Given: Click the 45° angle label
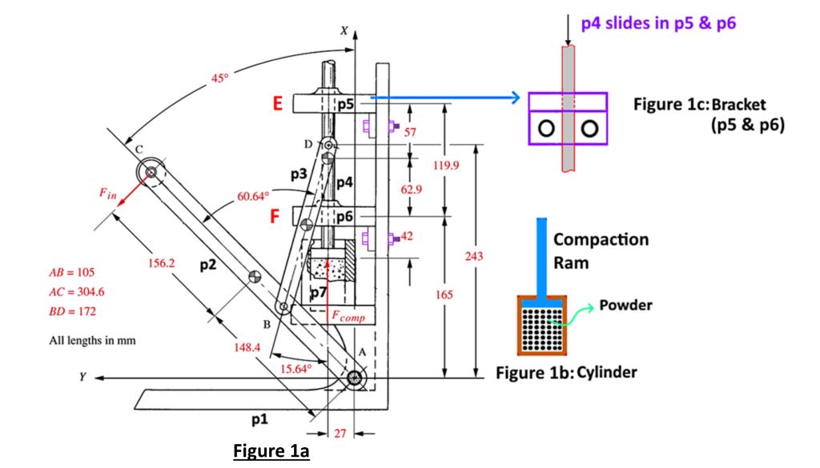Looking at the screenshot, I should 219,78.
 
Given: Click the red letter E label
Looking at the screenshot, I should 278,104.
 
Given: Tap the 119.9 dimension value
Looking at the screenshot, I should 446,165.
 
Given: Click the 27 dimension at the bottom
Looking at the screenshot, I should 340,434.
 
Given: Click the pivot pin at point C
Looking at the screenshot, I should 149,170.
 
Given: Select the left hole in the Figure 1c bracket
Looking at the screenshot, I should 547,128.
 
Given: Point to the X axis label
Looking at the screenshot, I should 344,30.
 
